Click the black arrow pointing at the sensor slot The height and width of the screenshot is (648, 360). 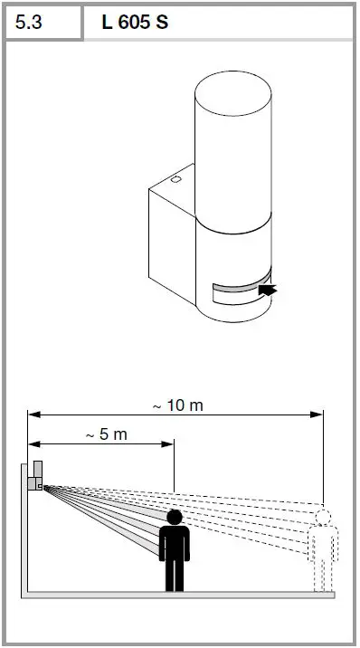(x=269, y=291)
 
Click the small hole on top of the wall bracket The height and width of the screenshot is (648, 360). (x=175, y=179)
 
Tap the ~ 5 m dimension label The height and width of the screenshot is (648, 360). (x=106, y=434)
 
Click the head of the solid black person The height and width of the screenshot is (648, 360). (x=174, y=517)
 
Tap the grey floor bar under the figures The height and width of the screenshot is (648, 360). (x=181, y=595)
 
